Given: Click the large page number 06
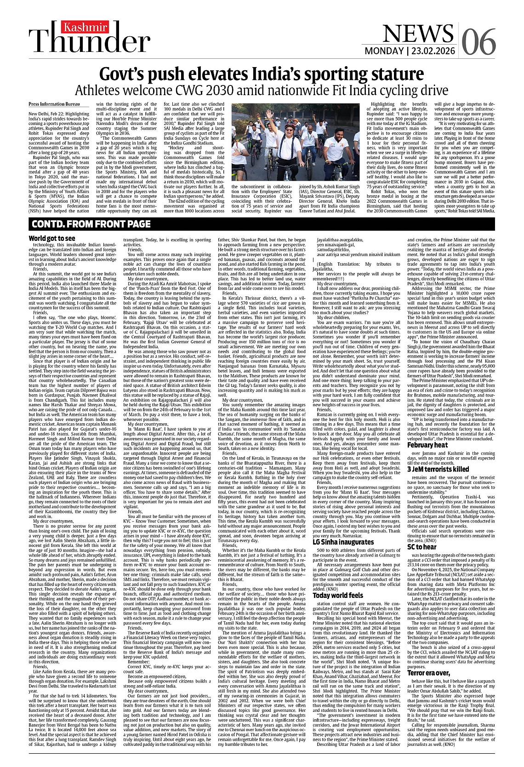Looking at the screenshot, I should point(478,41).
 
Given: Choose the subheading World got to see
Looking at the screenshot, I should point(51,239).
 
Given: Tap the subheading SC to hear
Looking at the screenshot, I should point(421,546).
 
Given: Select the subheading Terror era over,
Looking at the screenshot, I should point(428,673).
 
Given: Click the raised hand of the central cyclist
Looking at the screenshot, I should point(276,110).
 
